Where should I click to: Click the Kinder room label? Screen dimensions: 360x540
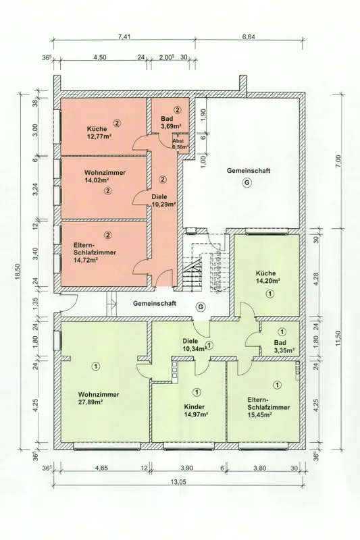pos(195,406)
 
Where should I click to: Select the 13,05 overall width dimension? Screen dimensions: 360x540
pos(178,482)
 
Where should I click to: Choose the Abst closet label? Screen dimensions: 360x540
pos(178,141)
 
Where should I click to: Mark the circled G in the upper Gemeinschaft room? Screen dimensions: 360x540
pos(247,183)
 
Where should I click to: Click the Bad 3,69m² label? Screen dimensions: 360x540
pos(171,123)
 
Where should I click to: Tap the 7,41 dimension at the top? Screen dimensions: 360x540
pos(124,37)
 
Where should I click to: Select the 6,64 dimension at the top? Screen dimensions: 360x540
pos(249,37)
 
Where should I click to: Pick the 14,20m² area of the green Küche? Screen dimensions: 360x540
pos(267,281)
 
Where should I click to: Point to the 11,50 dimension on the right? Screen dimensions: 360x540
pos(338,339)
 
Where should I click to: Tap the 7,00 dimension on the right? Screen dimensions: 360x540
pos(338,160)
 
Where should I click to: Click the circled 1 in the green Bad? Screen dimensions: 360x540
pos(282,331)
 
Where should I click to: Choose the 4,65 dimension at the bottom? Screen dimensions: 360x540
pos(101,468)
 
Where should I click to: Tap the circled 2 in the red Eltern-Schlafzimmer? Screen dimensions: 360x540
pos(108,235)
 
